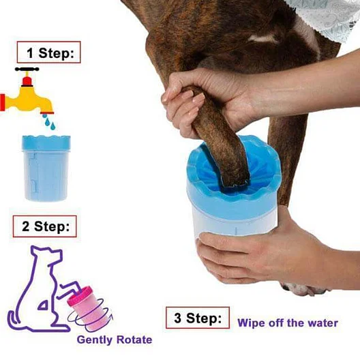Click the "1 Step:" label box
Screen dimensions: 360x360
pos(48,52)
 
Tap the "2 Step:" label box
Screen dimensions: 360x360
pos(44,226)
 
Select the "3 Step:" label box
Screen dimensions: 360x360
pos(198,318)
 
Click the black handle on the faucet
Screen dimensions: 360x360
pos(27,69)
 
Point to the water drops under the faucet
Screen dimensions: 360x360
pos(49,121)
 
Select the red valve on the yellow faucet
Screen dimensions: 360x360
pos(27,82)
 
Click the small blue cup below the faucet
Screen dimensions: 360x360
pos(46,168)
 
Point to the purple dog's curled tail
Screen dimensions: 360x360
pos(14,320)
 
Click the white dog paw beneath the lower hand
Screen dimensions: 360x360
pos(303,289)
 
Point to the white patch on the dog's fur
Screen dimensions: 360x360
pos(264,39)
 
